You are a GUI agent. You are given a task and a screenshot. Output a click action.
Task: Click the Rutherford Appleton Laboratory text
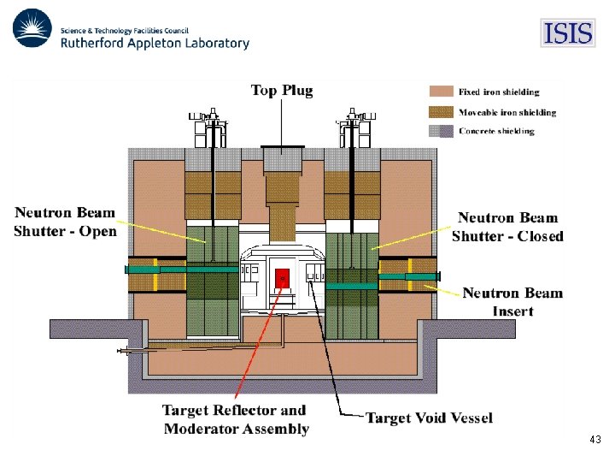(x=155, y=42)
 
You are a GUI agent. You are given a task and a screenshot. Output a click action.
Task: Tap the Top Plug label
(x=282, y=90)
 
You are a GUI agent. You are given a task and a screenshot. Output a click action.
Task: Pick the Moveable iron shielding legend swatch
(x=440, y=111)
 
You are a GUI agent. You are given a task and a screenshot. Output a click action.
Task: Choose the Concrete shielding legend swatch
(x=440, y=131)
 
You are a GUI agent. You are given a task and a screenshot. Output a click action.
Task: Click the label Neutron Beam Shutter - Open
(x=66, y=222)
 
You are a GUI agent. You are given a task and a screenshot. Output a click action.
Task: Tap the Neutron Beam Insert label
(x=512, y=301)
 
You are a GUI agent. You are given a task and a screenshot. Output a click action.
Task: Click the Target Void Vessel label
(x=429, y=418)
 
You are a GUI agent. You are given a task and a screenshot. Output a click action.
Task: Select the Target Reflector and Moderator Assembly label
(x=235, y=420)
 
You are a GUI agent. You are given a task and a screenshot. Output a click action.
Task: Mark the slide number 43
(x=595, y=440)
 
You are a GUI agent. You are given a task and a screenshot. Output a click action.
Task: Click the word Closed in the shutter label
(x=537, y=236)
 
